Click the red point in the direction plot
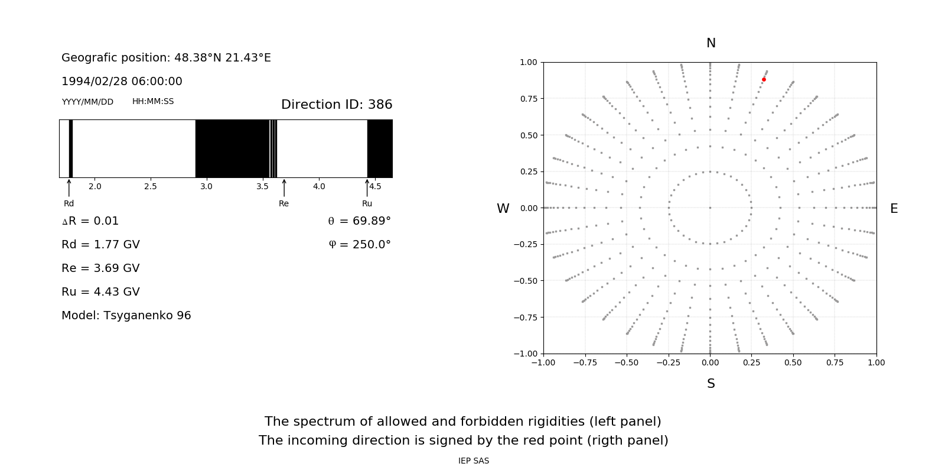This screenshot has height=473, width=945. [764, 79]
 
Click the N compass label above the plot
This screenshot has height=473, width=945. [711, 43]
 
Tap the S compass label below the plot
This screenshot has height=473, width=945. [711, 384]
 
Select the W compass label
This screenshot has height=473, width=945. [503, 209]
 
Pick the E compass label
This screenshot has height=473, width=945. [894, 209]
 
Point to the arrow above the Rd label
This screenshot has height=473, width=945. [69, 187]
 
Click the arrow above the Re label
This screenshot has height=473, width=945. [284, 187]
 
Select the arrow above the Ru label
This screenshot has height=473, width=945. [367, 187]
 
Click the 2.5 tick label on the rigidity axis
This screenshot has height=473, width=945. [151, 187]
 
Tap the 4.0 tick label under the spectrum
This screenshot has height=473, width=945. [319, 187]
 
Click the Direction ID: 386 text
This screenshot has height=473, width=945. [337, 105]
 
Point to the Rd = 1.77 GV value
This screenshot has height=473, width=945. [100, 245]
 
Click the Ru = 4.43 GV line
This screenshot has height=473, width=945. [100, 292]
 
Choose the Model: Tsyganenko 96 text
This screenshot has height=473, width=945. [126, 316]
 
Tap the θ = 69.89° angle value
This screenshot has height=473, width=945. [360, 221]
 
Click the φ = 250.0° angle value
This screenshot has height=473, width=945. [360, 245]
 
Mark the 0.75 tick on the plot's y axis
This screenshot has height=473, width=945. [529, 99]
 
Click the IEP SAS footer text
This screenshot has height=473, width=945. [474, 461]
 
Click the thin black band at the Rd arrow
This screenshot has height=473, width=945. [71, 148]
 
